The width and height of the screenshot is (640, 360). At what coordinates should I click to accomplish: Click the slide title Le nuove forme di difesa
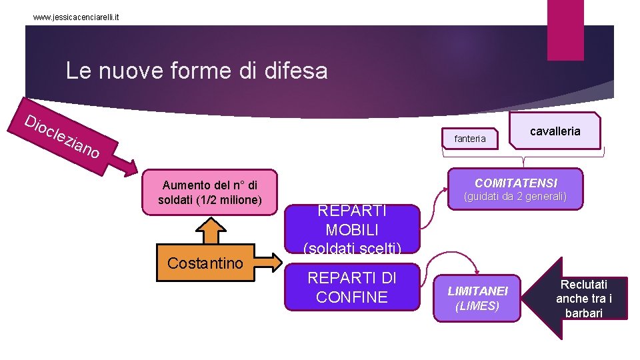197,71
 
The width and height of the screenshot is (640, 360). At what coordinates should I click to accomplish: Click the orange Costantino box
205,263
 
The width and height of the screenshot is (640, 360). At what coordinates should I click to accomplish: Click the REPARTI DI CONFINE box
352,288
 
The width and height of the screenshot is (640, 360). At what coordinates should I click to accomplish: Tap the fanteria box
470,139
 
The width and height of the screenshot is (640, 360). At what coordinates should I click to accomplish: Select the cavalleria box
555,131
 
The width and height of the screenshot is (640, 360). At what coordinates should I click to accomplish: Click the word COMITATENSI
515,183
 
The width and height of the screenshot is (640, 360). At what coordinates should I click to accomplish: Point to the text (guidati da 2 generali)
515,197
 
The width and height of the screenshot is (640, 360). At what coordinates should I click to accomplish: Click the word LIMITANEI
477,291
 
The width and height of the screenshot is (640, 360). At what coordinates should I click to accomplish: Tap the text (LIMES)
477,306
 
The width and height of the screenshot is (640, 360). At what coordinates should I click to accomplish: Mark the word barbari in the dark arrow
583,313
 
